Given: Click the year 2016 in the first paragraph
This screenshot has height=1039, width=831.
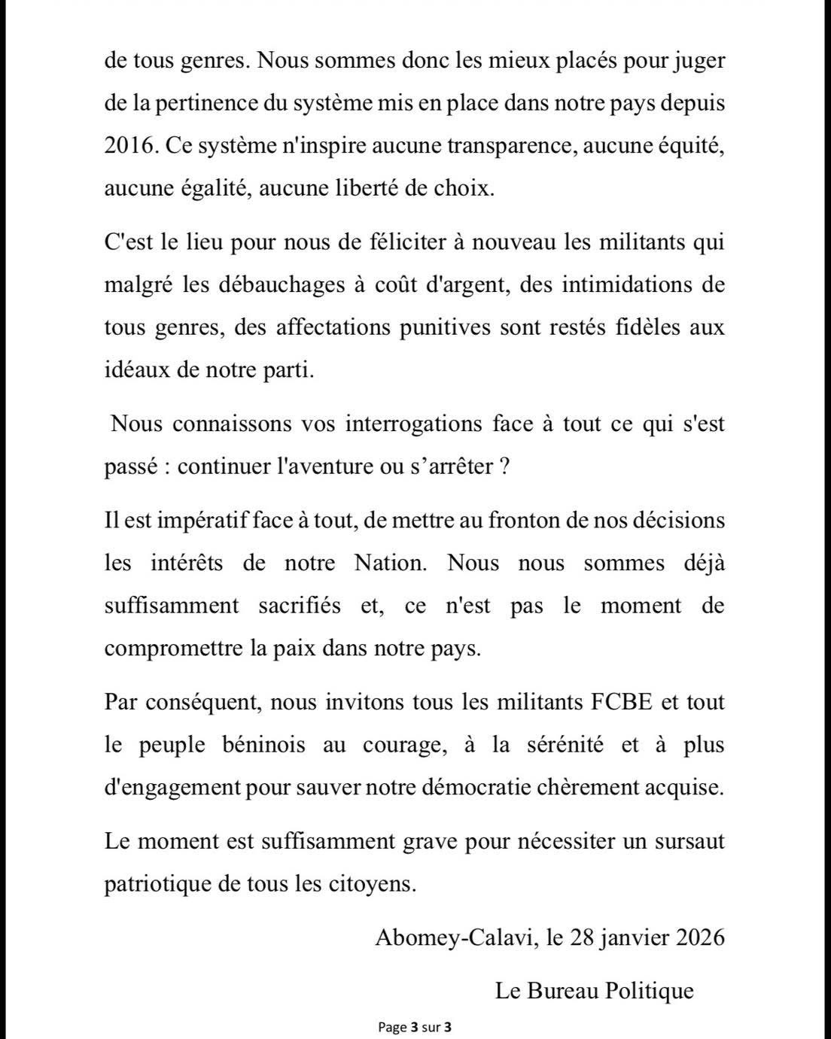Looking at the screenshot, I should click(129, 146).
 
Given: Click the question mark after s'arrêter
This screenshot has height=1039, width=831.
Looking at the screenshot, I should click(505, 466).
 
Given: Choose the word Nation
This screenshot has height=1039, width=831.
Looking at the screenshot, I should click(390, 563).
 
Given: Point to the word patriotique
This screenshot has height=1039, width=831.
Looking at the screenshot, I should click(157, 884).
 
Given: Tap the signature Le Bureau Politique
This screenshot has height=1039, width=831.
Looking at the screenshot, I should click(594, 991).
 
